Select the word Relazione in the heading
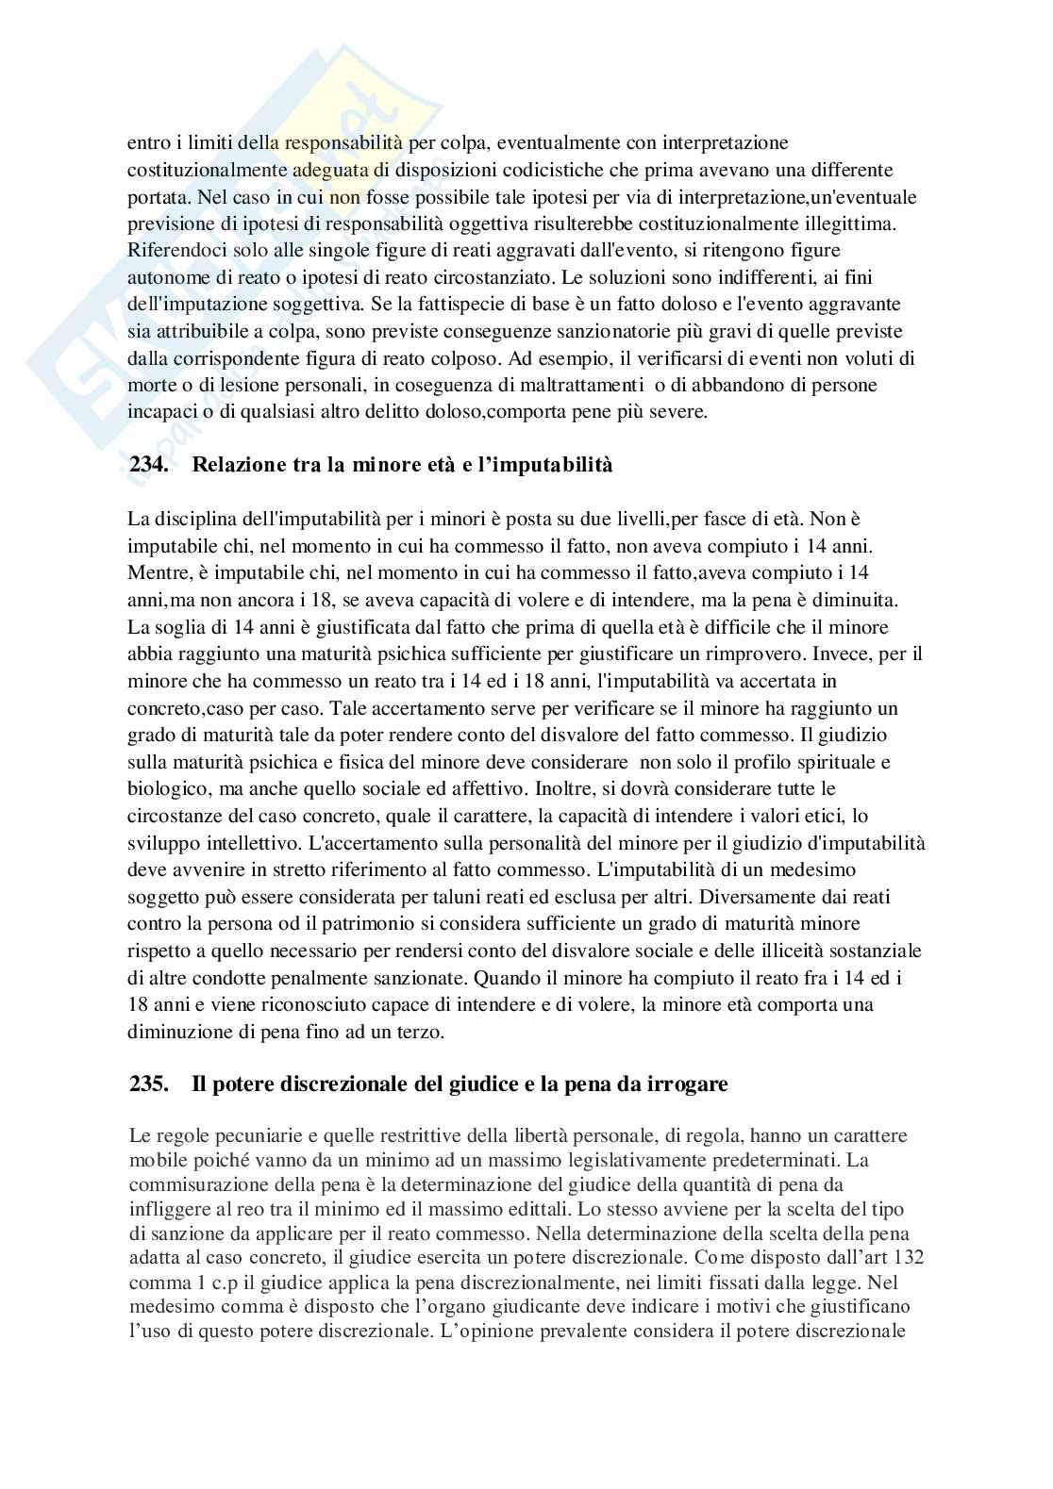coord(237,465)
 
